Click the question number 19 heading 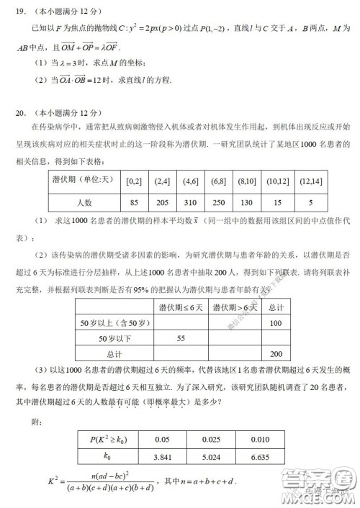click(22, 12)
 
